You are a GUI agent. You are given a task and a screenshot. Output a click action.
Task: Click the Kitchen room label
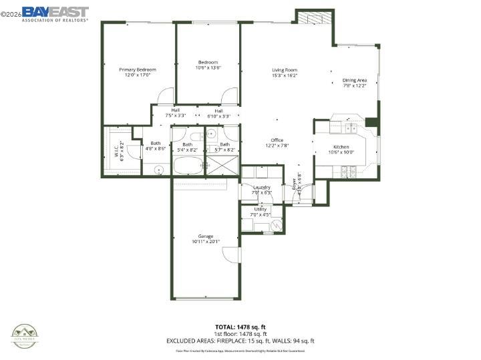341,147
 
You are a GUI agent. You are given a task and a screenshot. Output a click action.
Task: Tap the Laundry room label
261,188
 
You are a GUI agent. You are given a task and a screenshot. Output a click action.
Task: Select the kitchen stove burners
347,170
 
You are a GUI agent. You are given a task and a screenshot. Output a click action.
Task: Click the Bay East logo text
55,11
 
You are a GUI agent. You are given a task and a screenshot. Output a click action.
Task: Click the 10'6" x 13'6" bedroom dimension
208,67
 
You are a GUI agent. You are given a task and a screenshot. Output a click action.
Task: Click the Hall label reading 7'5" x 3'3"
175,113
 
